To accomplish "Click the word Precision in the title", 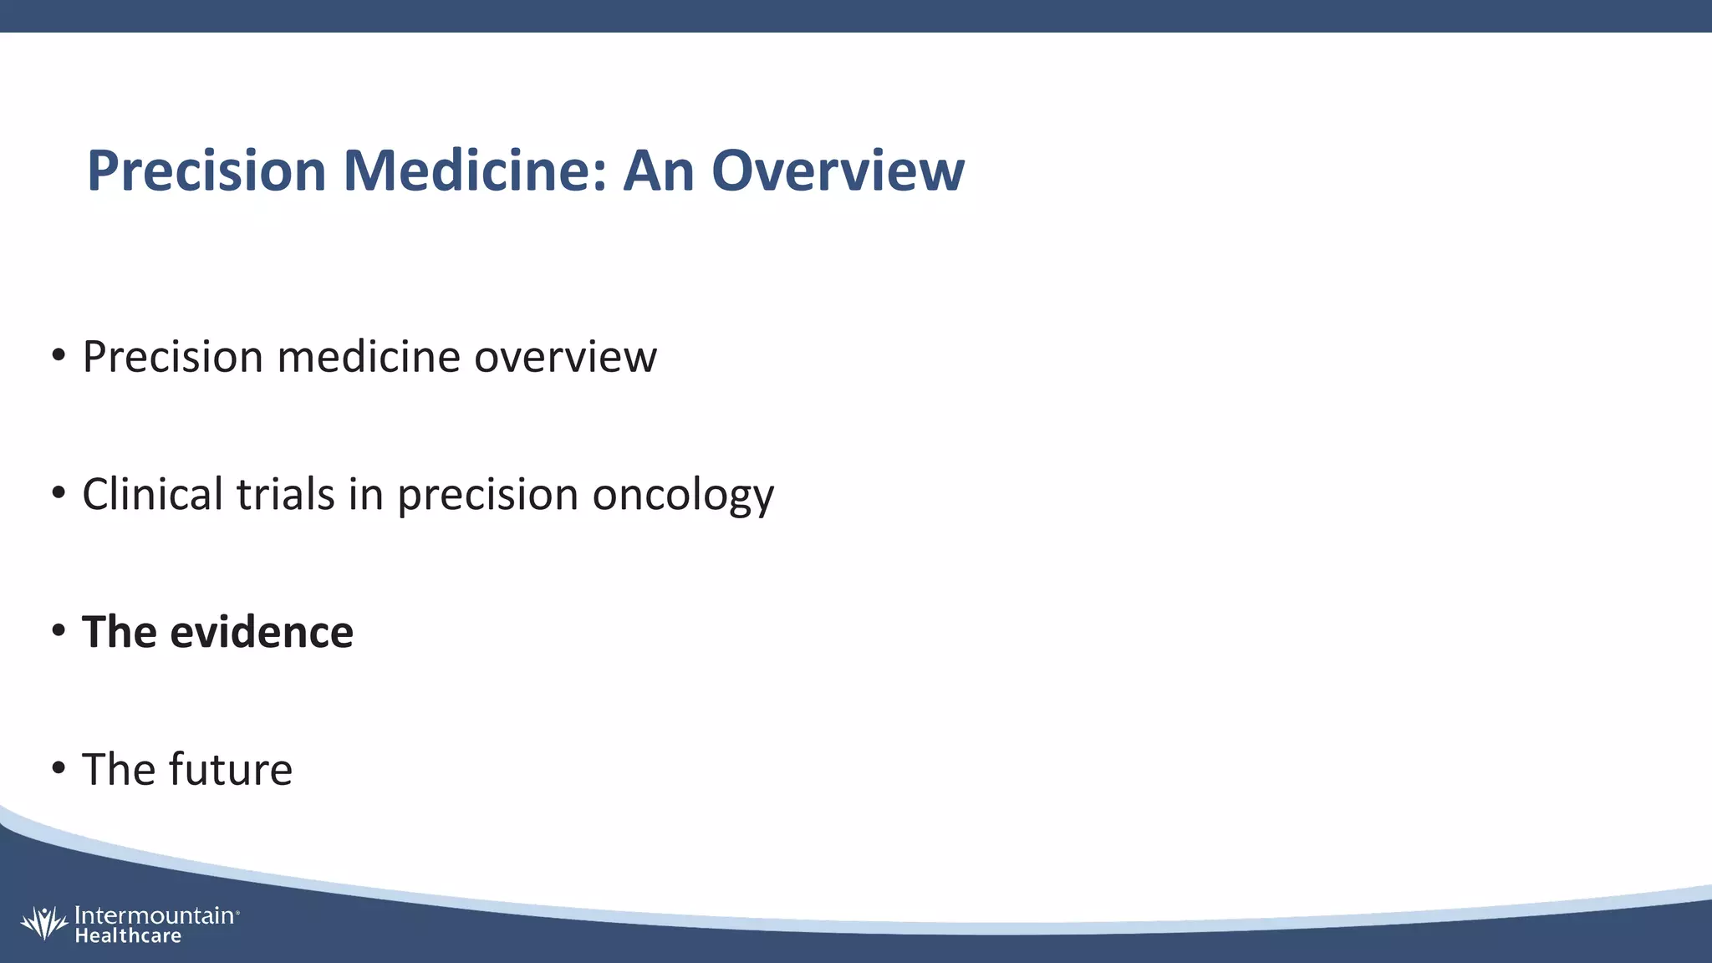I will point(206,171).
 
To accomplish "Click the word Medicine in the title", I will point(474,171).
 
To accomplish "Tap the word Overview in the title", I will point(838,171).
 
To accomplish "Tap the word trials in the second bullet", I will point(285,494).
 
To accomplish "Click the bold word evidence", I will point(262,632).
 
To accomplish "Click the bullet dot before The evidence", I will point(58,631).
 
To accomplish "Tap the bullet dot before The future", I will point(58,768).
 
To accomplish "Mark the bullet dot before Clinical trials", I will point(58,493).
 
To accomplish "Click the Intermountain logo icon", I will point(43,923).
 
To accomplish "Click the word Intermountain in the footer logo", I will point(155,915).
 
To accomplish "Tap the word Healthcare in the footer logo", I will point(128,936).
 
